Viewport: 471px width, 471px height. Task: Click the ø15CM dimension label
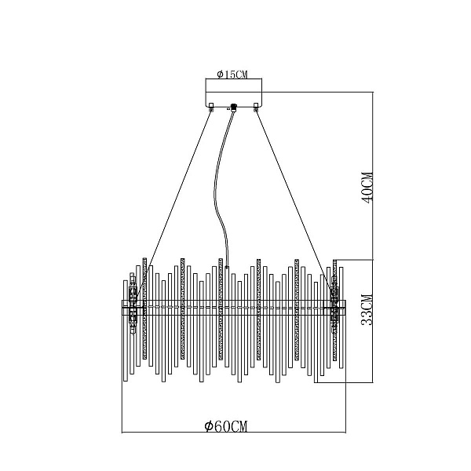[x=232, y=75]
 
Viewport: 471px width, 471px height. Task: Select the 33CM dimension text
[x=367, y=310]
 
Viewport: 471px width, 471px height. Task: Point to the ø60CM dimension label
[x=226, y=426]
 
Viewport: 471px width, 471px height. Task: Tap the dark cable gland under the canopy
[x=233, y=107]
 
